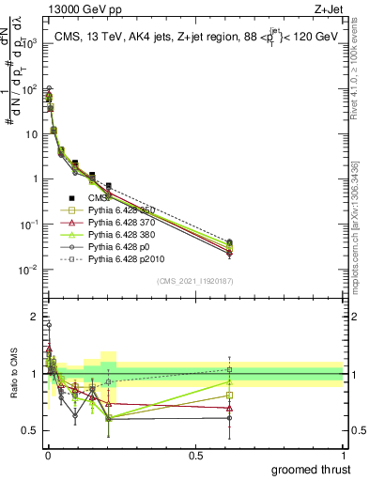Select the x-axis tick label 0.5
(195, 454)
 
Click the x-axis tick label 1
(343, 454)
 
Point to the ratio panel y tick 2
(35, 317)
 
